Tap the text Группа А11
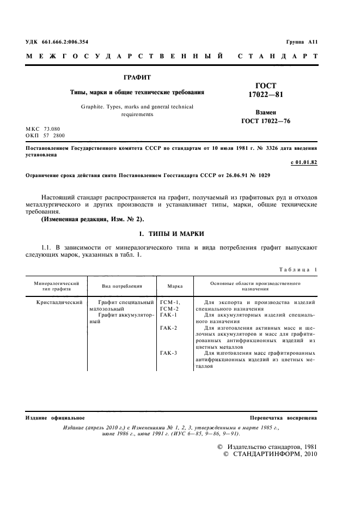301,42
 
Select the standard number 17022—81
266,94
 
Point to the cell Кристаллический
59,301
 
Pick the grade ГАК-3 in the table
170,354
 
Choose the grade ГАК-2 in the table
170,328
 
